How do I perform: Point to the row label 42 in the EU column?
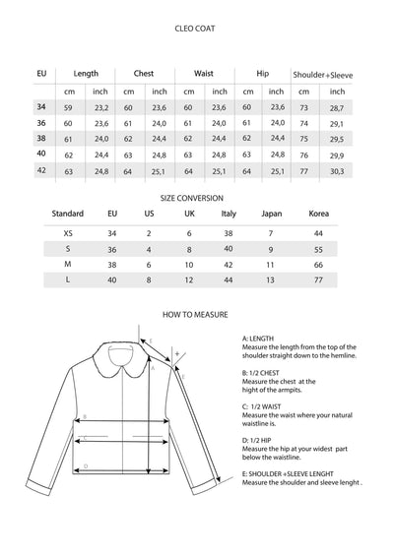coord(41,171)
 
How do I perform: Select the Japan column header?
coord(271,215)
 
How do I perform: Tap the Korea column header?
coord(318,215)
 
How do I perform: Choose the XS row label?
coord(67,233)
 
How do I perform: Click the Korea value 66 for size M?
coord(318,266)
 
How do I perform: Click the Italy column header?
coord(229,215)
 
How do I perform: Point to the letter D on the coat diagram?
coord(87,465)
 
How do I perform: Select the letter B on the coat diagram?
coord(86,416)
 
